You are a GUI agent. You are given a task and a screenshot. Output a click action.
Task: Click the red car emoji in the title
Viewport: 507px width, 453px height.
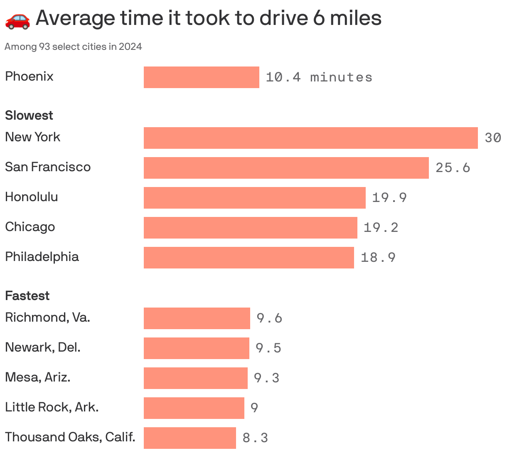tap(17, 20)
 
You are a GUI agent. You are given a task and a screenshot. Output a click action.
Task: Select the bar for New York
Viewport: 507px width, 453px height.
tap(310, 138)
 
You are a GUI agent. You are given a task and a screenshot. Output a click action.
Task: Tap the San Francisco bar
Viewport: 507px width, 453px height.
tap(286, 168)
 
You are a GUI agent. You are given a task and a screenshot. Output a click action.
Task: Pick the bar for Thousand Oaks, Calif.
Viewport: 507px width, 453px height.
tap(190, 438)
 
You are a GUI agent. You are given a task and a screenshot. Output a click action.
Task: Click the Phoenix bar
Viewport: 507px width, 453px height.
tap(201, 77)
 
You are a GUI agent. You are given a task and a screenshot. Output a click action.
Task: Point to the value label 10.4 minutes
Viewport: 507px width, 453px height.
tap(319, 77)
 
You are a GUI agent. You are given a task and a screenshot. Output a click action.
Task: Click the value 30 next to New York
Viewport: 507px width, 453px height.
tap(493, 138)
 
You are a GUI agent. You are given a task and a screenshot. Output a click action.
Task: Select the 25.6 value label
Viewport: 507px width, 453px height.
tap(453, 168)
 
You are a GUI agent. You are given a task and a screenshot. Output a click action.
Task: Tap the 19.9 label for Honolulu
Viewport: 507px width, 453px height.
tap(389, 198)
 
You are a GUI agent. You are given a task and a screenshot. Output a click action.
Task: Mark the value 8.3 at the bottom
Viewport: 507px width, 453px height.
tap(255, 438)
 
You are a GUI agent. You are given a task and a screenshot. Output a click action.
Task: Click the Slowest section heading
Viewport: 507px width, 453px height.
tap(29, 115)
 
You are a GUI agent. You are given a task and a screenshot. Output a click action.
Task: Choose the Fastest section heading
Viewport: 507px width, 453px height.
tap(27, 295)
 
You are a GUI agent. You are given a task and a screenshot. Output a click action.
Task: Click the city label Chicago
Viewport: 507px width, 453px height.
tap(30, 227)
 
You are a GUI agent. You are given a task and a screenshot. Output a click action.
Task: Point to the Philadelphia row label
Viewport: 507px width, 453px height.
tap(42, 257)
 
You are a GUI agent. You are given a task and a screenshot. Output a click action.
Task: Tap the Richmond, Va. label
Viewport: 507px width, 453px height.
tap(47, 318)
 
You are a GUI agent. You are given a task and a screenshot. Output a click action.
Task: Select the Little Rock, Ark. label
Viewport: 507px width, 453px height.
tap(52, 407)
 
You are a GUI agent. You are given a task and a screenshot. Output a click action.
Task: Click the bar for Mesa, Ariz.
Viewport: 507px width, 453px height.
tap(195, 378)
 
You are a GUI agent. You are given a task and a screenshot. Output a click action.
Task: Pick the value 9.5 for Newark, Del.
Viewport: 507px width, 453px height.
tap(268, 348)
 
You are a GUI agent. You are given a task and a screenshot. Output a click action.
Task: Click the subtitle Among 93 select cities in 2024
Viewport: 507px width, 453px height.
tap(73, 47)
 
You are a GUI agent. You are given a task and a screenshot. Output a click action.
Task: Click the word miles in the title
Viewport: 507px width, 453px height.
tap(356, 18)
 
